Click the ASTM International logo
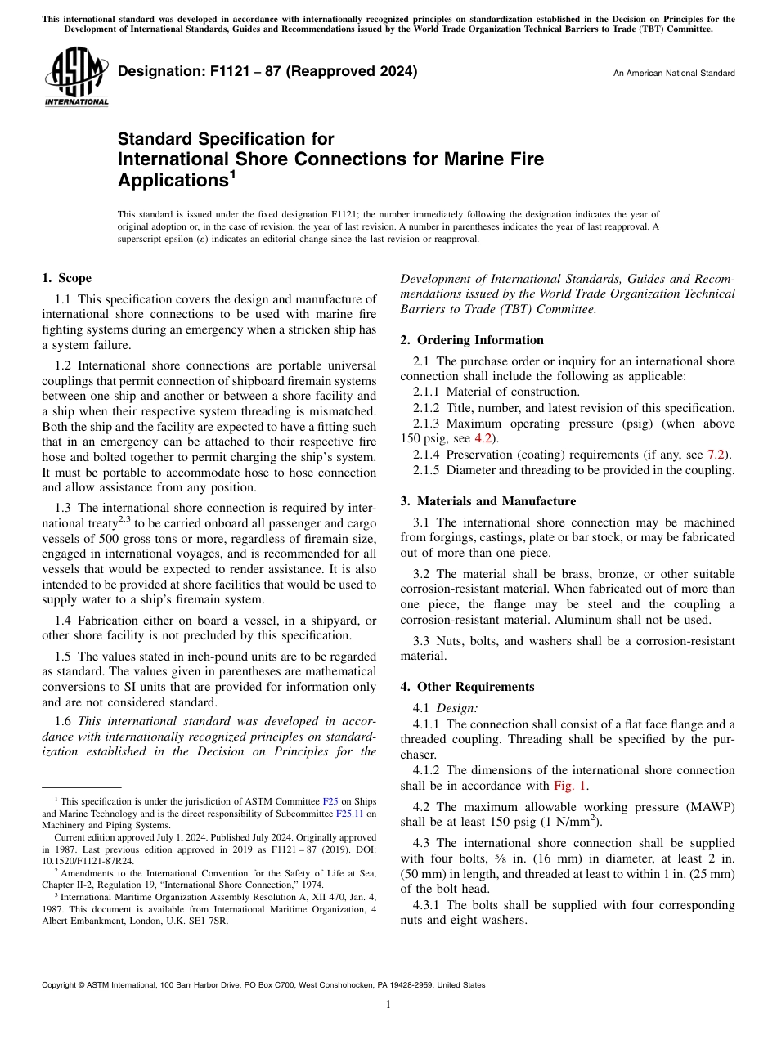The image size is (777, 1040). [x=76, y=77]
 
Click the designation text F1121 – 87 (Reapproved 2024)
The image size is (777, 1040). [x=267, y=71]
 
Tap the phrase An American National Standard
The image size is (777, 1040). [x=673, y=74]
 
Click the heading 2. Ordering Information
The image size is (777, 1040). [x=472, y=340]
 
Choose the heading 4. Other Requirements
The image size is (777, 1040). [x=467, y=687]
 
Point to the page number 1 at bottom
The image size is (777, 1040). [x=388, y=1005]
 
